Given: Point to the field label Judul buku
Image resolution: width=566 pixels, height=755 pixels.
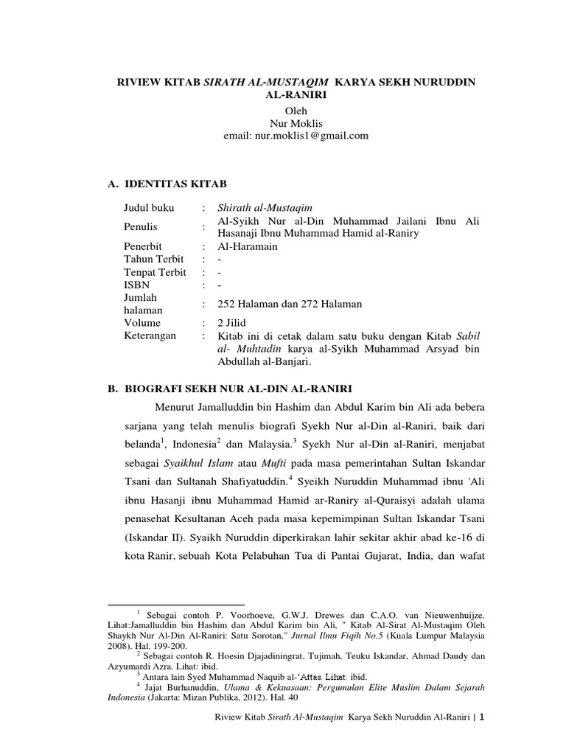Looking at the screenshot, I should click(149, 208).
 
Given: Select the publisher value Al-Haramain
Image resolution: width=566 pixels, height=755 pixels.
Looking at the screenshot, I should click(248, 246).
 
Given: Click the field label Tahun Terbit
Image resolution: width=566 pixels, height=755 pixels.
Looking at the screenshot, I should click(155, 260).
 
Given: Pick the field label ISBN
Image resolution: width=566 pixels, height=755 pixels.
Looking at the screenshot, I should click(136, 285).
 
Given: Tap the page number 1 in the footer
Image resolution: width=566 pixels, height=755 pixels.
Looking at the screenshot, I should click(482, 740).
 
